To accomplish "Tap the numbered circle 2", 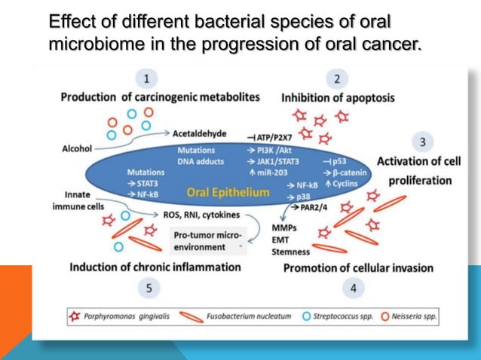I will click(x=336, y=78).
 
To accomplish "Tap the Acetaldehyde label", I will click(x=199, y=133).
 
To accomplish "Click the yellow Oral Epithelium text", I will click(x=227, y=192).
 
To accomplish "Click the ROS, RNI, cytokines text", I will click(x=201, y=214).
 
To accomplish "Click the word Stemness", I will click(x=290, y=252).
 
